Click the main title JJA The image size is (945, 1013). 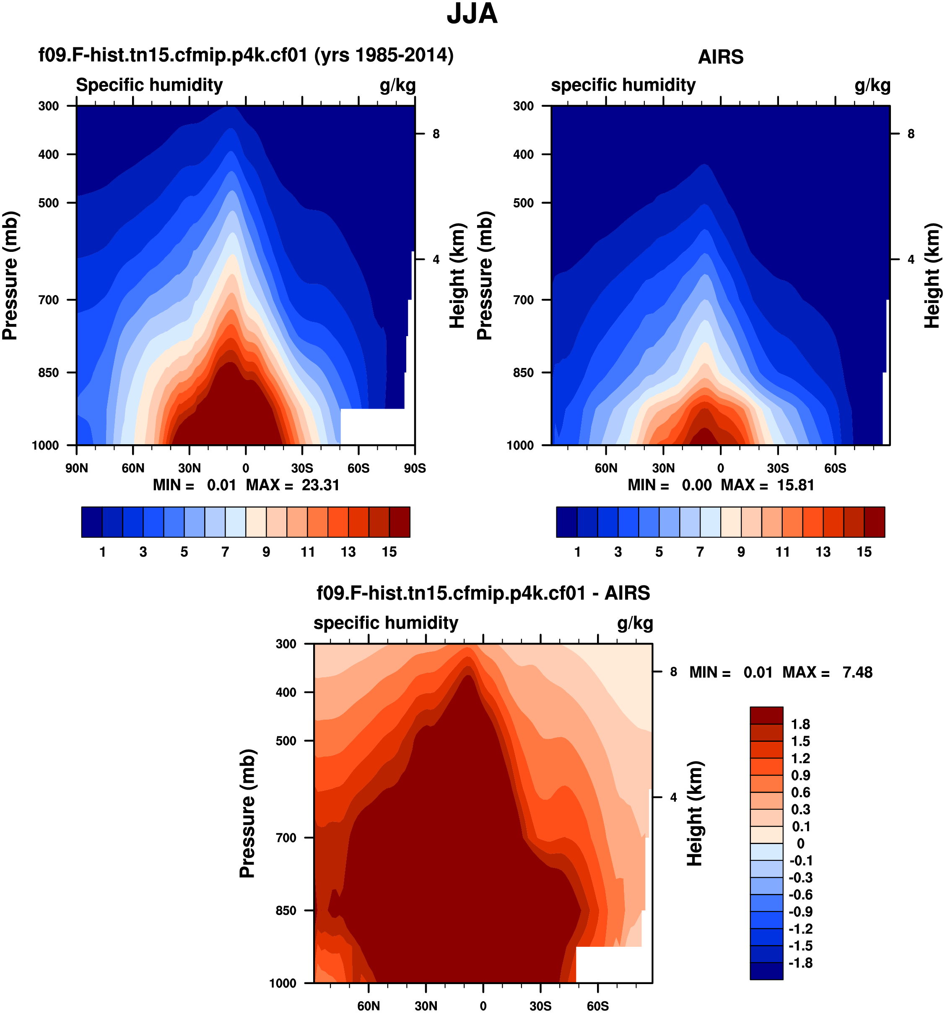pos(472,14)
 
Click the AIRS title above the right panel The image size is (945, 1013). pos(720,57)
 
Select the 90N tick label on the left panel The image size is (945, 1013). pos(76,468)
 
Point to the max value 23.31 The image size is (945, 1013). pos(320,484)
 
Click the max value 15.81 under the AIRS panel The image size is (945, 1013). pos(795,484)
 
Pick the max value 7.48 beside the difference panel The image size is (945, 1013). pos(857,672)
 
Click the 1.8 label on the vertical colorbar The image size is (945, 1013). pos(800,724)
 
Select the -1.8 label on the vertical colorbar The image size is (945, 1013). pos(800,963)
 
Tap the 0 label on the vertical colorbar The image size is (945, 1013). pos(800,843)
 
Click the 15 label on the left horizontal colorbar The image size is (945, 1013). pos(389,552)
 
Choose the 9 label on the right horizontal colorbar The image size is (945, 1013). pos(741,552)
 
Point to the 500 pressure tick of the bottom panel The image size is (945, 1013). pos(286,741)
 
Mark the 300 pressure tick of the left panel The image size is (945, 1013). pos(49,106)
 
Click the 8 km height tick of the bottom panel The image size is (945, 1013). pos(673,671)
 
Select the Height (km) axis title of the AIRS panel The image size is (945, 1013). pos(932,275)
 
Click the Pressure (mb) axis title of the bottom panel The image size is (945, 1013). pos(247,813)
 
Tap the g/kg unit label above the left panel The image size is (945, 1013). pos(397,85)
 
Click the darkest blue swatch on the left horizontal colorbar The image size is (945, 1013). pos(92,522)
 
